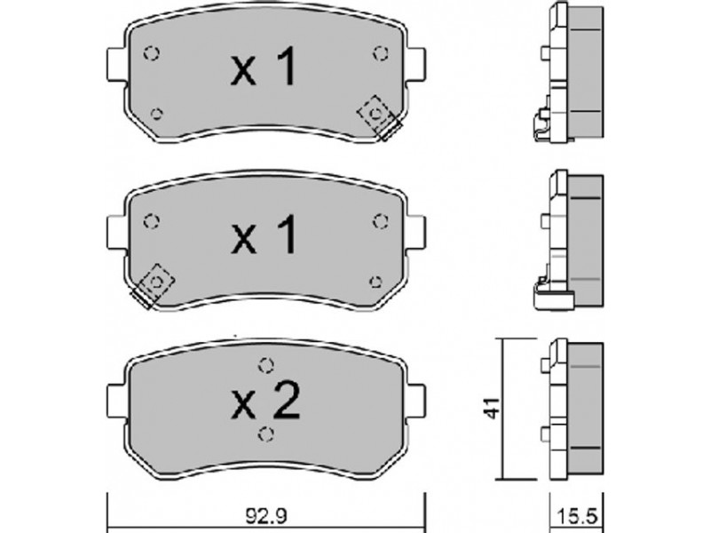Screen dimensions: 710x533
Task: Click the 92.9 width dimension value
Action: point(267,516)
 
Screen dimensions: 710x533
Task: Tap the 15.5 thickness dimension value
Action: point(576,516)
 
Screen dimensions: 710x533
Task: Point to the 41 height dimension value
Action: point(493,408)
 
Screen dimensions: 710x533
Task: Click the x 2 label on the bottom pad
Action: point(265,400)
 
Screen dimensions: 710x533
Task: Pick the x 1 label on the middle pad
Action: point(264,235)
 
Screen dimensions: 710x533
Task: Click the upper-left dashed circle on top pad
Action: point(151,53)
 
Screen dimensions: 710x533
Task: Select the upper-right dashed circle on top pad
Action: point(381,53)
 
